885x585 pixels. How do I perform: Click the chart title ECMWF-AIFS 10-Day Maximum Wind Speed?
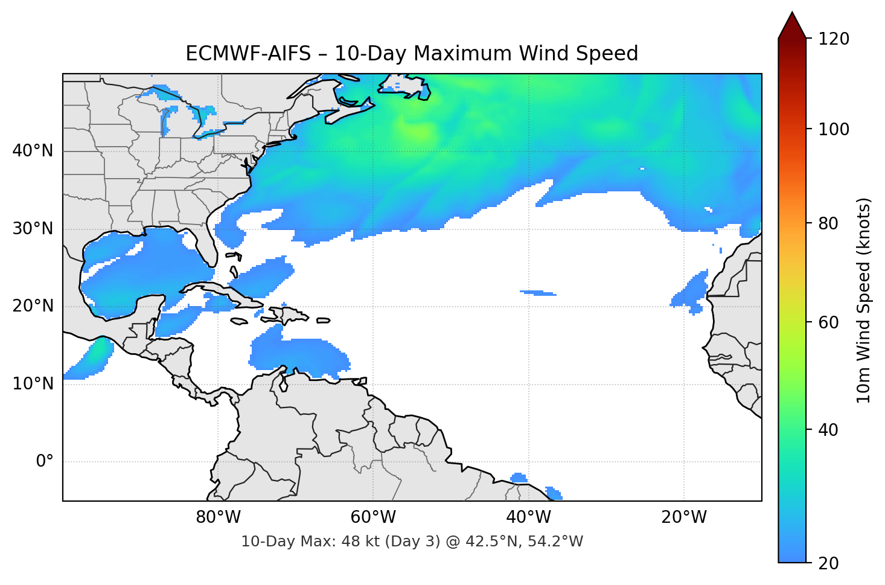pos(412,54)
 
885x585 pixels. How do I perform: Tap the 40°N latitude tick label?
pos(33,151)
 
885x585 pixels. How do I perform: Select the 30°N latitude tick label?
pos(33,229)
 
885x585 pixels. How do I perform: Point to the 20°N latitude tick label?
pos(33,306)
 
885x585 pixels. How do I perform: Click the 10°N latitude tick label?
pos(33,384)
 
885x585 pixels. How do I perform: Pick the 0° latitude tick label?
pos(45,462)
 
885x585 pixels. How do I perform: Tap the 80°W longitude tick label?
pos(218,517)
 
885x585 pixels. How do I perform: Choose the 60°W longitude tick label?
pos(373,517)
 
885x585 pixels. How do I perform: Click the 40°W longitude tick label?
pos(529,517)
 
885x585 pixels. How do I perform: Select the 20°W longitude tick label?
pos(684,517)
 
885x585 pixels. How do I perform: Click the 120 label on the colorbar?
pos(834,39)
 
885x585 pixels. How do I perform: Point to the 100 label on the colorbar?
pos(834,129)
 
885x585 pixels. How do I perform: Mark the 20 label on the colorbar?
pos(828,563)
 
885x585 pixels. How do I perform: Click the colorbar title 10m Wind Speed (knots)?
pos(864,300)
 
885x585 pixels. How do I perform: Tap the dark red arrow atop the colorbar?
pos(792,25)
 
